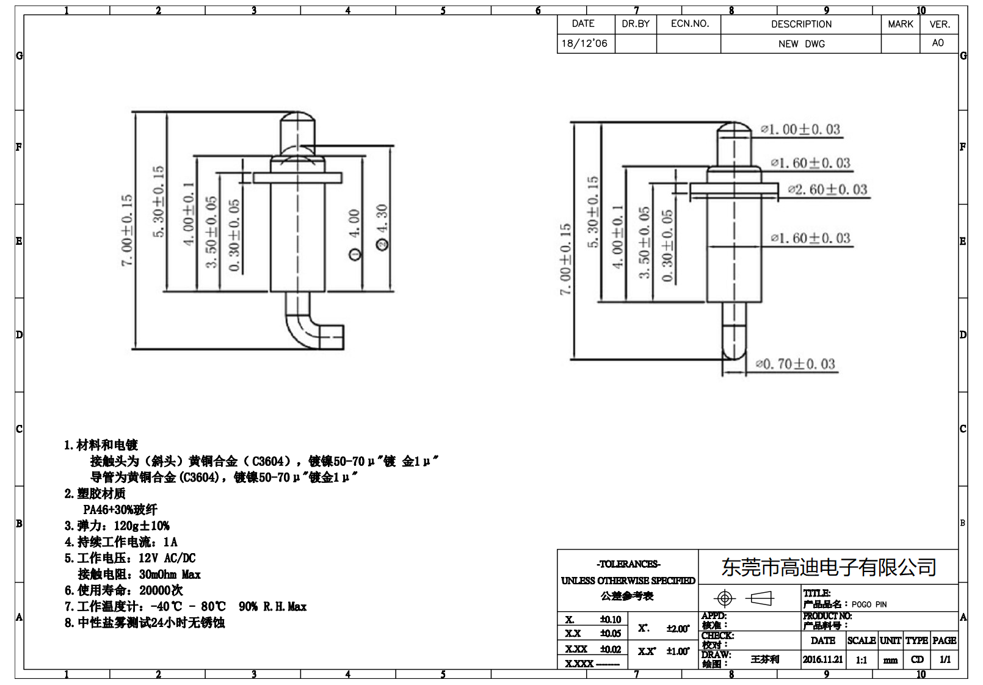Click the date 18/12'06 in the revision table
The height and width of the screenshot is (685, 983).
coord(584,43)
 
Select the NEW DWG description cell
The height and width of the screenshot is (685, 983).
coord(801,44)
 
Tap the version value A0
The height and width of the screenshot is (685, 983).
coord(938,43)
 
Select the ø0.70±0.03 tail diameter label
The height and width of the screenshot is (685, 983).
coord(795,364)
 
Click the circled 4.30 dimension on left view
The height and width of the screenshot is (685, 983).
coord(383,227)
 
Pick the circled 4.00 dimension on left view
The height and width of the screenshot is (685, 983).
coord(355,233)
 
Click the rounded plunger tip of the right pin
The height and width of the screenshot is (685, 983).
coord(734,129)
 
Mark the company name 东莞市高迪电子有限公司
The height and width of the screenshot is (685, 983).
coord(829,568)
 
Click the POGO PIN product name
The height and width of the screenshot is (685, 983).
coord(869,604)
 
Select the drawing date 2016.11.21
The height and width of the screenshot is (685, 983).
coord(822,659)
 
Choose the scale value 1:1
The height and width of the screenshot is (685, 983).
coord(861,660)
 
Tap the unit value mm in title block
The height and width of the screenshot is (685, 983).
coord(890,660)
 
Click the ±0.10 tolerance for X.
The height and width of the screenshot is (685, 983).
coord(610,619)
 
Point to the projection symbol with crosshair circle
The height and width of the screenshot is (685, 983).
coord(725,598)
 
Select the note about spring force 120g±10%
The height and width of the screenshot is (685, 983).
coord(117,526)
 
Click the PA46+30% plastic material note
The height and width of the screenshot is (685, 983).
coord(120,510)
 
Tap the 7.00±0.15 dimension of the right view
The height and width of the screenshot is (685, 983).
coord(565,259)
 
